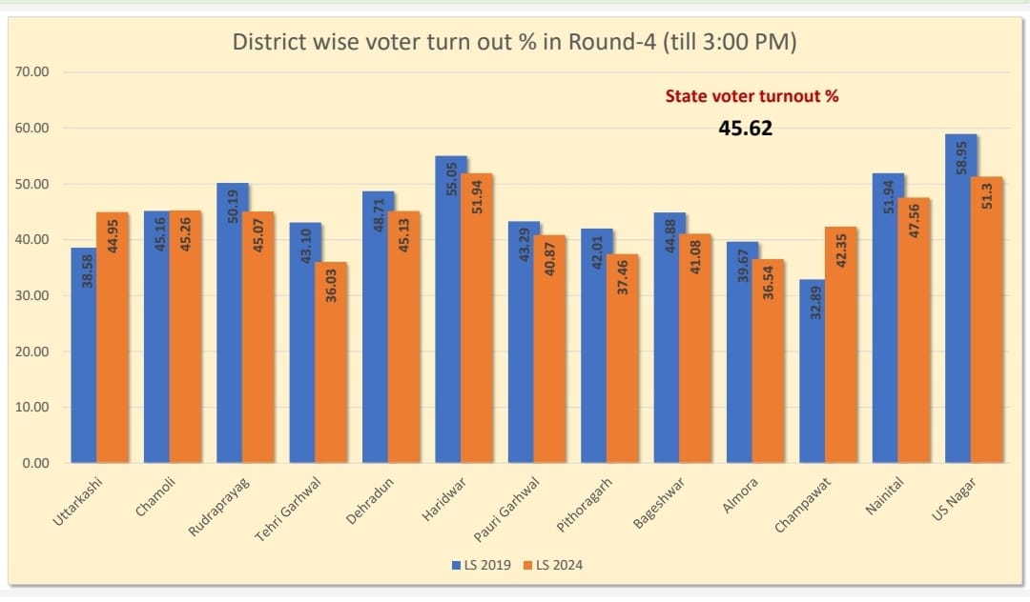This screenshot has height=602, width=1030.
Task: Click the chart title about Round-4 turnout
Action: pyautogui.click(x=515, y=43)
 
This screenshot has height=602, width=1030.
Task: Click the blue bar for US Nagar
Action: pyautogui.click(x=960, y=300)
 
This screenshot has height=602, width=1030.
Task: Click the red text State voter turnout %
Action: pyautogui.click(x=752, y=96)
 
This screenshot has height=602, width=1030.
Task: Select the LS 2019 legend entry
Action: pyautogui.click(x=482, y=565)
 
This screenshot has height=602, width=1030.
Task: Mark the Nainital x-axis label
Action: pyautogui.click(x=884, y=498)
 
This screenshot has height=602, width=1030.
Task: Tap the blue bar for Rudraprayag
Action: pyautogui.click(x=232, y=324)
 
